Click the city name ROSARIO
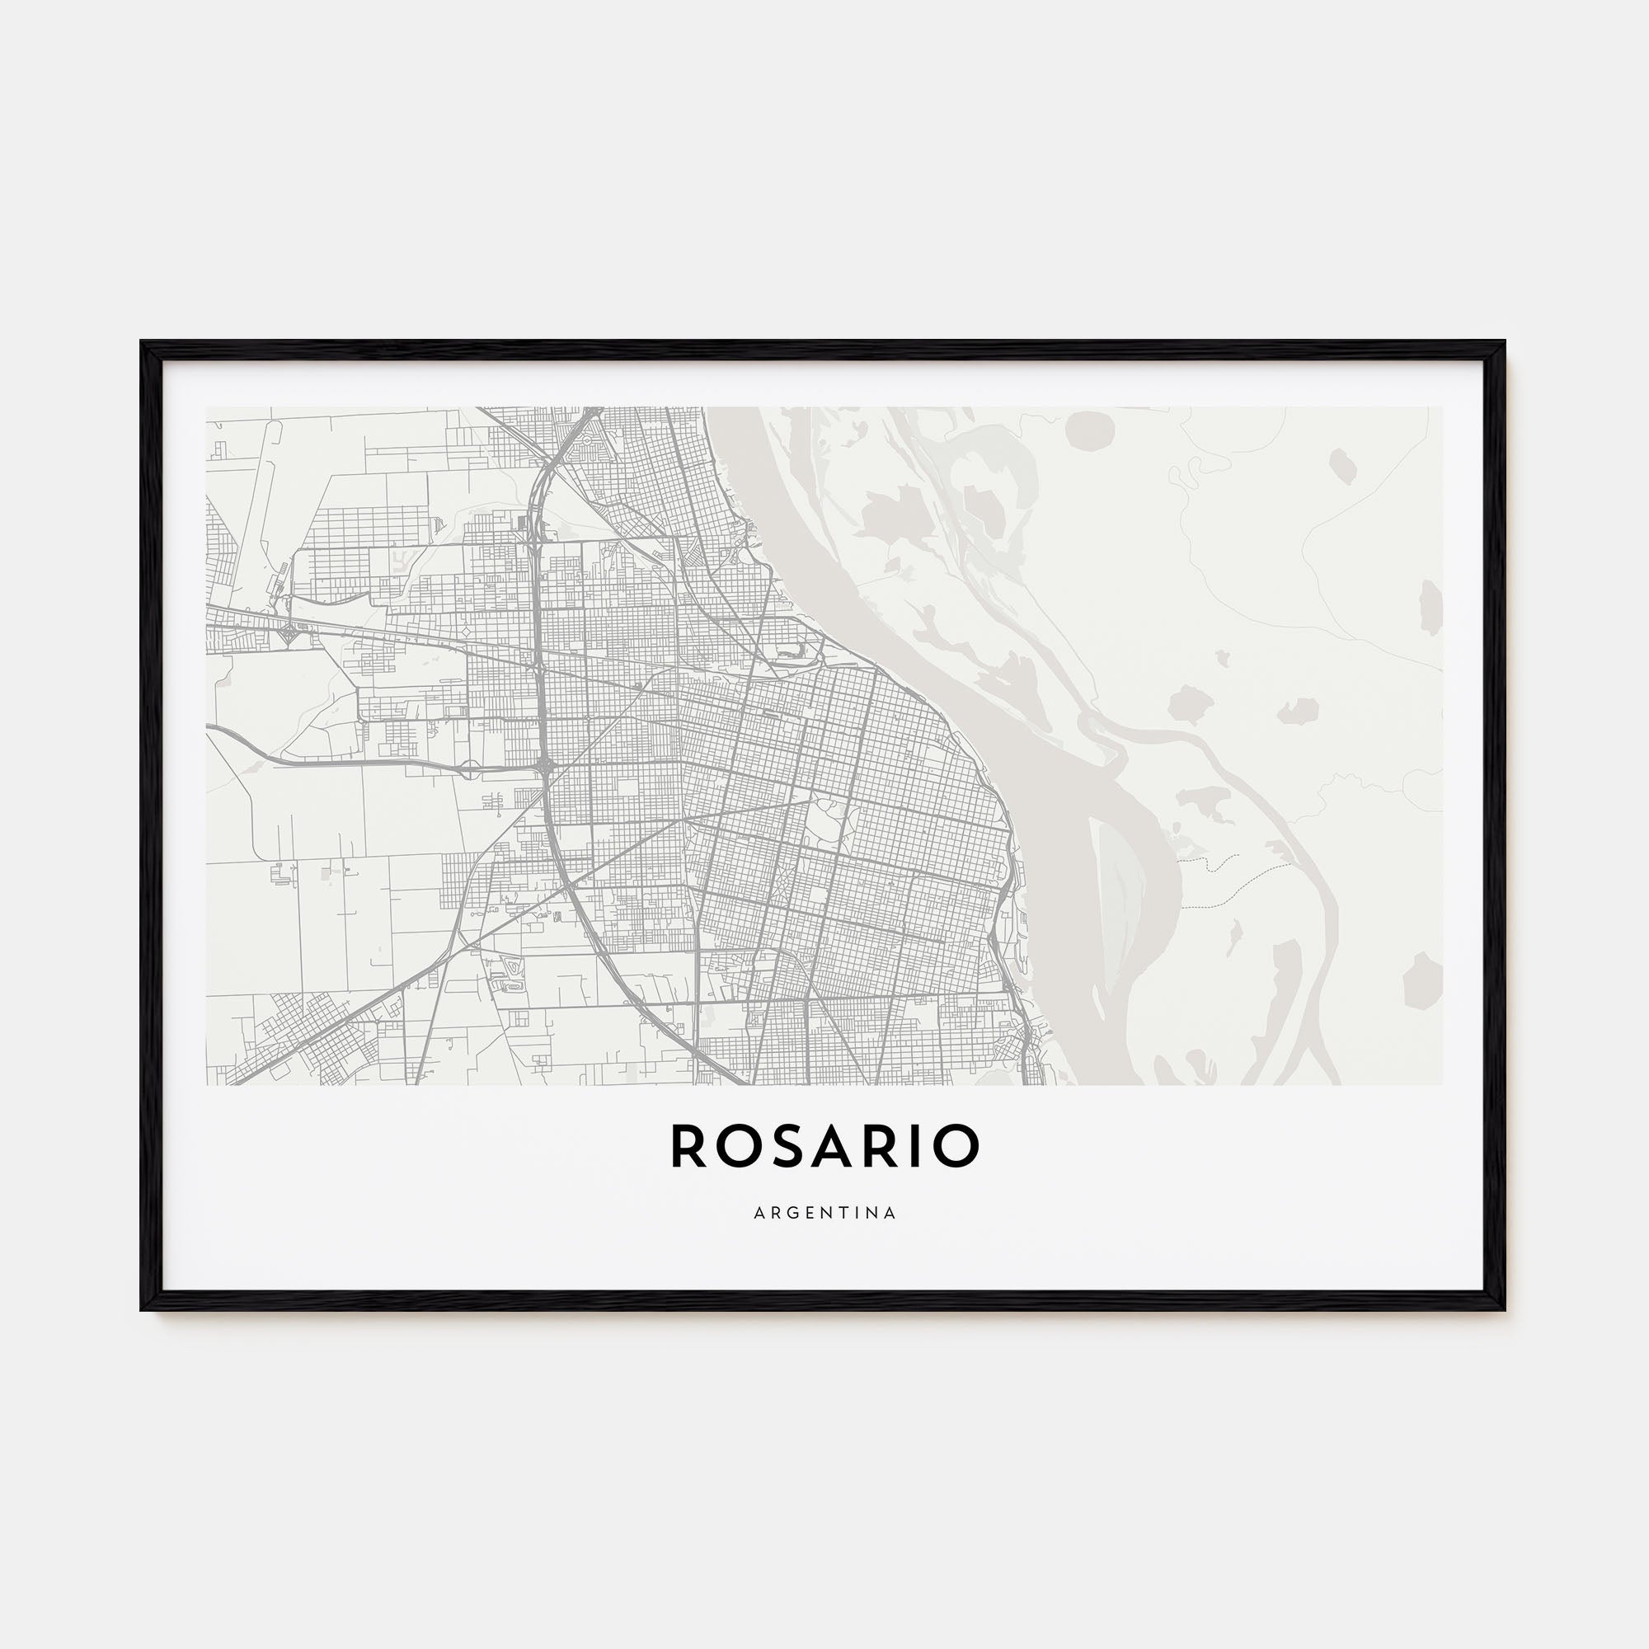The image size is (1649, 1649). [x=824, y=1146]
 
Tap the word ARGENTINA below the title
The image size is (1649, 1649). [x=824, y=1213]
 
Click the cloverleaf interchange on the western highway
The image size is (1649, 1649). [x=285, y=632]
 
